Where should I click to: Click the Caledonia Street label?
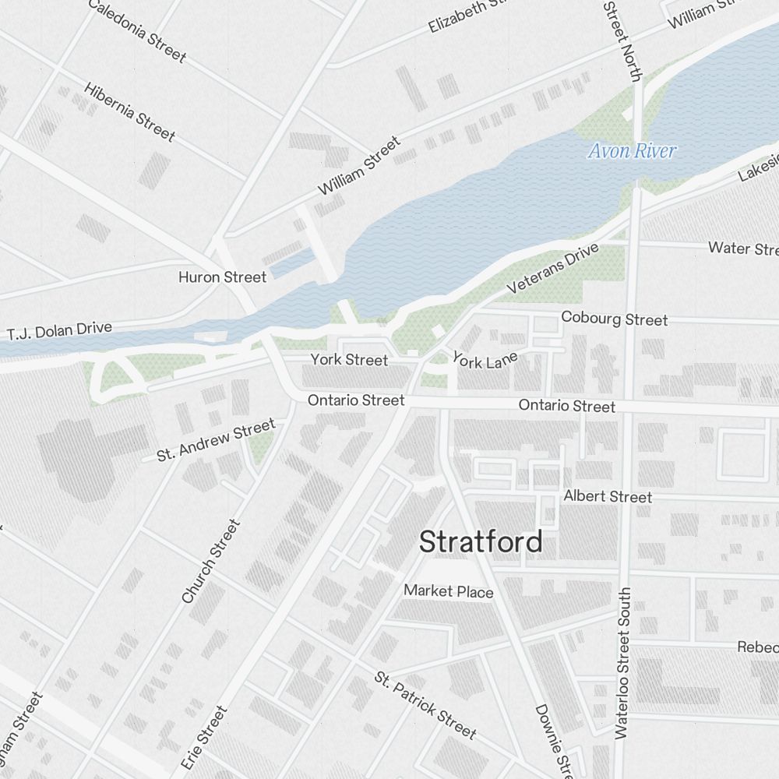click(x=137, y=30)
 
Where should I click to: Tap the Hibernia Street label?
click(x=129, y=111)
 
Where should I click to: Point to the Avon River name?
click(x=631, y=151)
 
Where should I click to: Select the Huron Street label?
click(x=222, y=277)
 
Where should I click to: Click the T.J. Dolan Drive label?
click(x=60, y=331)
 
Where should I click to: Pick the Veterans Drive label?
click(x=552, y=269)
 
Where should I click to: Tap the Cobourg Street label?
click(x=614, y=319)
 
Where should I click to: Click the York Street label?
click(x=349, y=360)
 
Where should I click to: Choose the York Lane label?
click(x=485, y=361)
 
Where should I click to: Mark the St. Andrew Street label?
click(x=216, y=439)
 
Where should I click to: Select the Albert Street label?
click(x=608, y=496)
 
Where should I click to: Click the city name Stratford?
click(x=481, y=541)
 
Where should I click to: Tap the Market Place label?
click(x=448, y=591)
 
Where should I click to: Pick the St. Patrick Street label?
click(x=425, y=704)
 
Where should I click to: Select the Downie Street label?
click(x=554, y=740)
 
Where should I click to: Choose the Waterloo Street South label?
click(x=622, y=663)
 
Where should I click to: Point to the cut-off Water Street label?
click(x=742, y=249)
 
